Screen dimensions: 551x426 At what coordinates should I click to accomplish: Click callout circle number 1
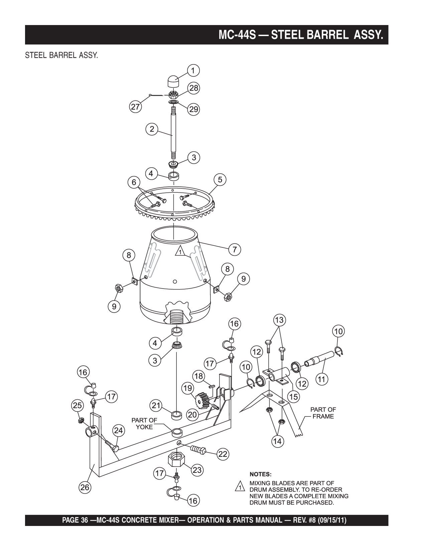193,70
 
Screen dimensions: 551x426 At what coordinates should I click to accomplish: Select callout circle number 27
135,107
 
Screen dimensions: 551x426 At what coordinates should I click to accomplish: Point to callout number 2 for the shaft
152,129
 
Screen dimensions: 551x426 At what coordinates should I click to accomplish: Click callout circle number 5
220,180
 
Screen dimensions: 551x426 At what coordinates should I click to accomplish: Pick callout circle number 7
235,249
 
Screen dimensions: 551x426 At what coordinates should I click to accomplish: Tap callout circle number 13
279,320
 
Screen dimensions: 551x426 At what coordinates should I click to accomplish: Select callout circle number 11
321,379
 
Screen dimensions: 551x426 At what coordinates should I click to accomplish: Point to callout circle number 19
188,388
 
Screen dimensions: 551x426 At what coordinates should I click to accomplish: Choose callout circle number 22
223,454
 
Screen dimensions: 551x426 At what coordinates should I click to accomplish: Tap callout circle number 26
85,487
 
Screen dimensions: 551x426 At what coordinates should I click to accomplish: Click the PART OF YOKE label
144,423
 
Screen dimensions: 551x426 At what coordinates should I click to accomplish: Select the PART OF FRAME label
323,413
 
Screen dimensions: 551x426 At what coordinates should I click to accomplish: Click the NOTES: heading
261,474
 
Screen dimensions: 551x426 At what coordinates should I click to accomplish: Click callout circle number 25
78,405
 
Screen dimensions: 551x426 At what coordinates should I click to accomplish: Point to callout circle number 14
277,441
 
